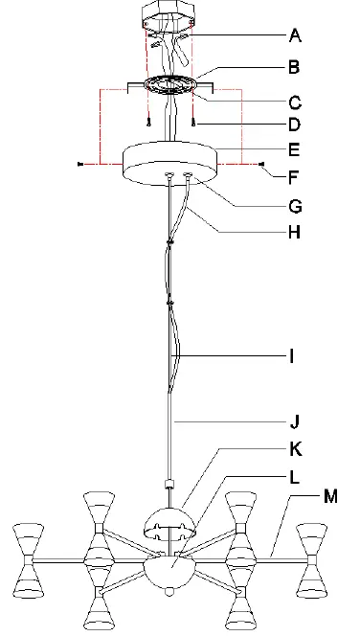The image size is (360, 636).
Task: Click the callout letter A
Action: pyautogui.click(x=295, y=35)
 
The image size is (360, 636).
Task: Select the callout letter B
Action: pyautogui.click(x=294, y=67)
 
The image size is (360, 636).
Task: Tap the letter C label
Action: pyautogui.click(x=295, y=103)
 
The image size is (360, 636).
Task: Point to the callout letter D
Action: pyautogui.click(x=295, y=125)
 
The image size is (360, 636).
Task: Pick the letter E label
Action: pyautogui.click(x=294, y=149)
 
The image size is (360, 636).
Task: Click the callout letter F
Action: pyautogui.click(x=294, y=177)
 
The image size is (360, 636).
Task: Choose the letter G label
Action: pyautogui.click(x=296, y=207)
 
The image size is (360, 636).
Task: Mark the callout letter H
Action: pyautogui.click(x=295, y=233)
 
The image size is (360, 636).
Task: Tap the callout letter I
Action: pyautogui.click(x=291, y=356)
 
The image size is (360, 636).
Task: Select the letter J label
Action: pyautogui.click(x=295, y=422)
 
